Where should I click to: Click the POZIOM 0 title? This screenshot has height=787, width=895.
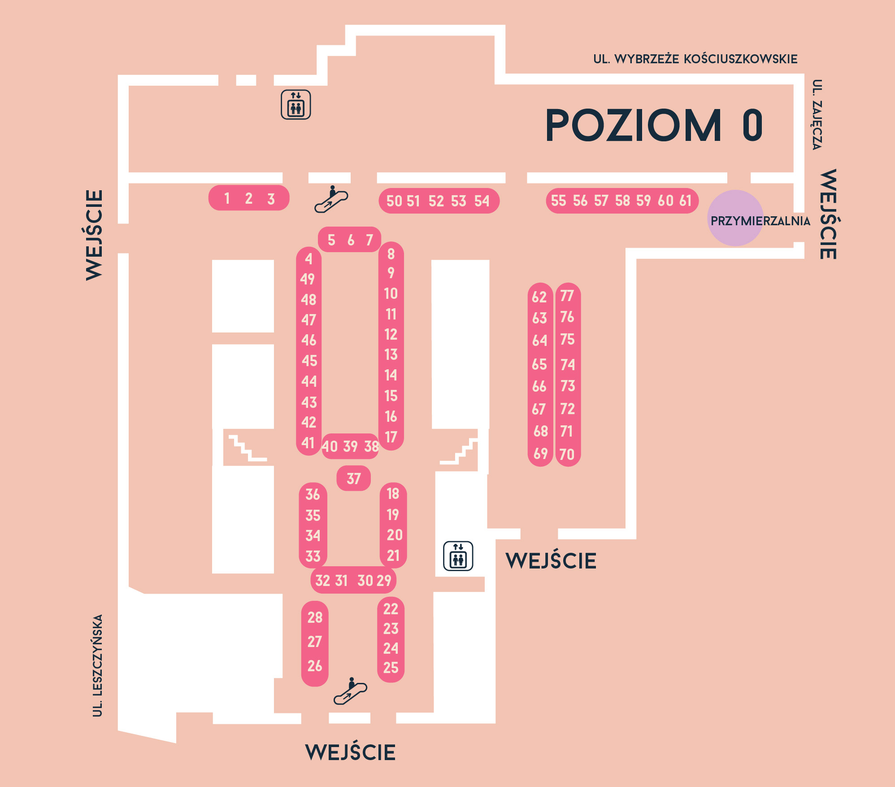point(654,125)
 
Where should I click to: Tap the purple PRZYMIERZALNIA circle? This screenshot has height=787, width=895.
point(735,218)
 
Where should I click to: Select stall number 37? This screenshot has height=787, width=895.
point(354,479)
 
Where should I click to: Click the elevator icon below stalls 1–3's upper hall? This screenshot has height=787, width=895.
point(296,105)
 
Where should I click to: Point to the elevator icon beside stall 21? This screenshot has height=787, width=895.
point(458,556)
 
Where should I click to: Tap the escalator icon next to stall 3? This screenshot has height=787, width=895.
point(331,199)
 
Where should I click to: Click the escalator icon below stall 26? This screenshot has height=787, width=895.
point(351,691)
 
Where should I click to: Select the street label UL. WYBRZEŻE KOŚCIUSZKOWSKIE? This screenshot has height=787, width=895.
point(695,59)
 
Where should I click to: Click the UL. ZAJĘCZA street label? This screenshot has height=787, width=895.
point(817,115)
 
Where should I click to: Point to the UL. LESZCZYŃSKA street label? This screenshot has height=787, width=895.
point(98,665)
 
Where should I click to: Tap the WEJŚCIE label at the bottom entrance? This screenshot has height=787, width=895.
point(350,752)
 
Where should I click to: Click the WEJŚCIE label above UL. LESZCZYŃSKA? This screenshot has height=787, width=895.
point(94,235)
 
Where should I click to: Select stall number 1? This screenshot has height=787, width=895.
point(227,198)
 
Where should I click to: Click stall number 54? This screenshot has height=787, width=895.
point(482,201)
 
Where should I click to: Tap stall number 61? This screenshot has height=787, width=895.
point(685,201)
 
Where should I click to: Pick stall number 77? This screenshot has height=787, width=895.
point(567,296)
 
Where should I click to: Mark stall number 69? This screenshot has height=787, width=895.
point(540,454)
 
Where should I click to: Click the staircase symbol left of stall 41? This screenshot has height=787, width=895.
point(248,448)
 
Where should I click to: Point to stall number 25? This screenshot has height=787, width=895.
point(391,668)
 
